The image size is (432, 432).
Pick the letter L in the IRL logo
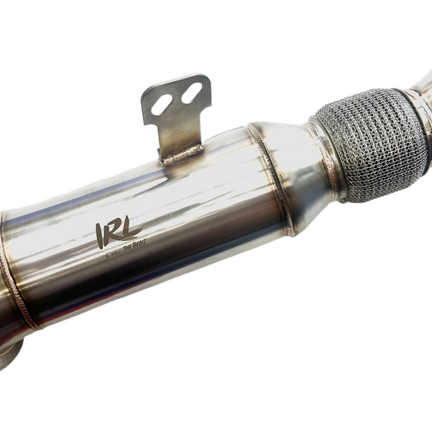[131, 226]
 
